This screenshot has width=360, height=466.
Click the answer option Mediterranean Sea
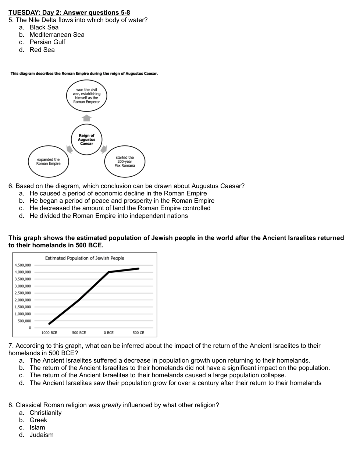click(57, 35)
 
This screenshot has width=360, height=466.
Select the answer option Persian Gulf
click(47, 42)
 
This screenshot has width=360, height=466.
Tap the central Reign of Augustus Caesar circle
click(86, 140)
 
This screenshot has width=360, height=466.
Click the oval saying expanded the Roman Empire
click(48, 162)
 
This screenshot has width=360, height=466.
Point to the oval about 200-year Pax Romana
click(125, 162)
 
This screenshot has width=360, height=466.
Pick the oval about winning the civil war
click(86, 96)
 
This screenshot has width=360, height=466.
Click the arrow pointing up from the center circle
click(86, 118)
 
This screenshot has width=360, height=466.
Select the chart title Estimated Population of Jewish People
click(85, 258)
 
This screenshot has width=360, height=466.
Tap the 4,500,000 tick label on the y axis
click(23, 265)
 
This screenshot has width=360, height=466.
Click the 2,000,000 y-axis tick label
click(23, 300)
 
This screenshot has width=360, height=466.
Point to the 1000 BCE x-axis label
click(49, 333)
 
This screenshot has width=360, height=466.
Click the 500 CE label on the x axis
click(138, 333)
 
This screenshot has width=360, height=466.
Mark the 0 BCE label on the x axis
click(108, 333)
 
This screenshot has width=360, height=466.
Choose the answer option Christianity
click(46, 413)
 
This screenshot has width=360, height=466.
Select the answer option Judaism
click(42, 435)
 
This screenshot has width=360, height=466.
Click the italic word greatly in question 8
click(111, 405)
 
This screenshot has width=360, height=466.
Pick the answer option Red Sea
click(42, 50)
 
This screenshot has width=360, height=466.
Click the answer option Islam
click(37, 427)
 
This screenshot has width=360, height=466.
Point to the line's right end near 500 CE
click(139, 269)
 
